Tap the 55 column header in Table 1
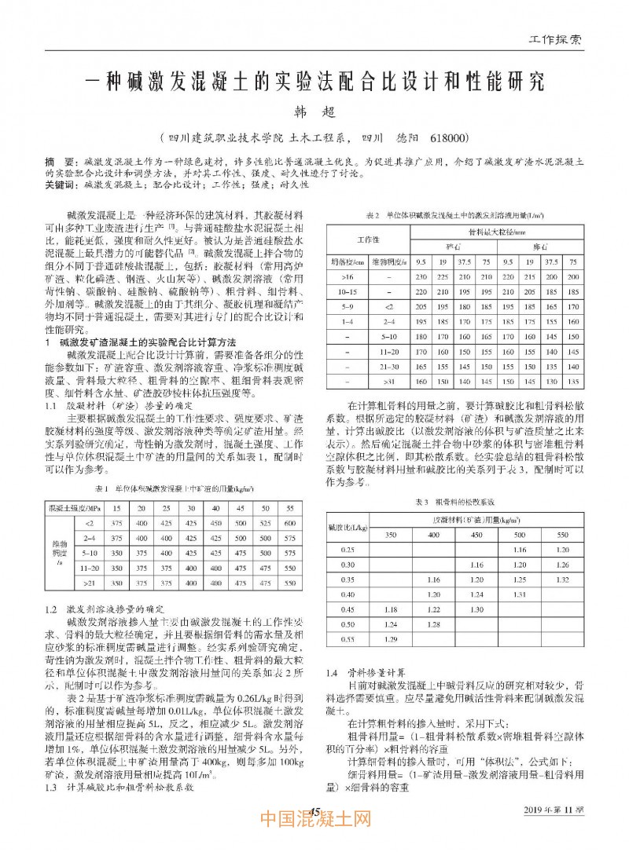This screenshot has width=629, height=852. point(289,507)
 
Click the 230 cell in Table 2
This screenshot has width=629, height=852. point(421,276)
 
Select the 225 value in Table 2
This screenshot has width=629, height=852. point(443,276)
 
